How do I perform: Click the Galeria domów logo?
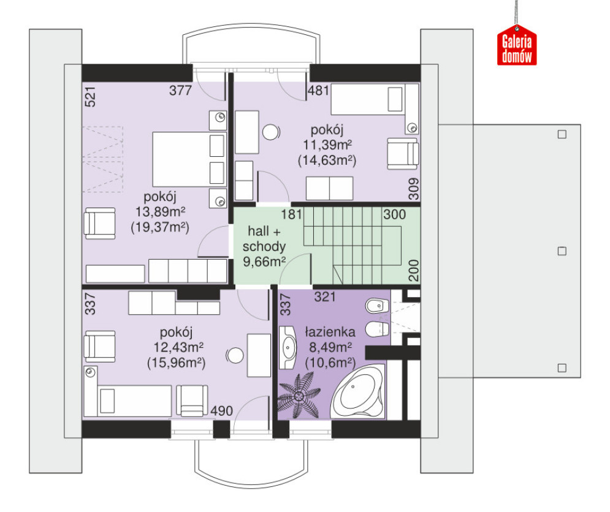tap(517, 45)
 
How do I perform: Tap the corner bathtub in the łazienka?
tap(357, 392)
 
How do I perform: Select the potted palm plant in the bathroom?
tap(299, 396)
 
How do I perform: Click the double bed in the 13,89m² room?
tap(189, 159)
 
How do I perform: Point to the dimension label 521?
tap(90, 96)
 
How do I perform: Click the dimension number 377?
tap(180, 91)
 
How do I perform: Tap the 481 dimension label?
tap(318, 91)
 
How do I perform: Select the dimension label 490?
tap(222, 411)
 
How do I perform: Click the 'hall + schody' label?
tap(264, 239)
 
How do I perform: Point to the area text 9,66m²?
tap(264, 262)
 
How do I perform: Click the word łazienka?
tap(330, 332)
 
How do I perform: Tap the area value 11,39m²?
tap(327, 145)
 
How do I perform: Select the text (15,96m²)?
tap(176, 363)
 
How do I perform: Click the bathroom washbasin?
tap(288, 347)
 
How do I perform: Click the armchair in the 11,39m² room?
tap(403, 154)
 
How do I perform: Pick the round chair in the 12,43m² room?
tap(235, 355)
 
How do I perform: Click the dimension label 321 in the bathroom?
tap(325, 297)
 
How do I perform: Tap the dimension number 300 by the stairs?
tap(394, 214)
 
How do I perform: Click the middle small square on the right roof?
tap(562, 251)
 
